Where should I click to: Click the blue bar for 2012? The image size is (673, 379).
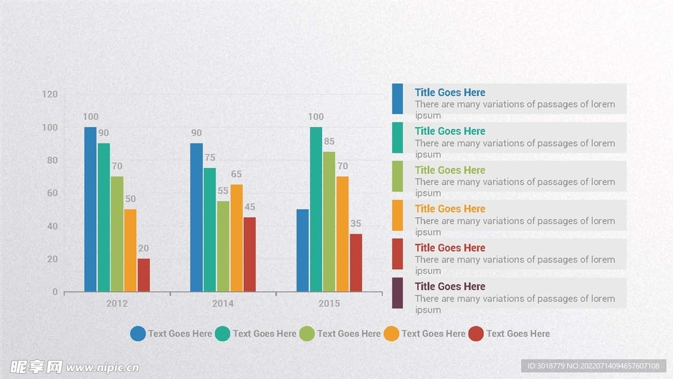[x=90, y=209]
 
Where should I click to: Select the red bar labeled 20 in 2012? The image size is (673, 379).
[x=144, y=275]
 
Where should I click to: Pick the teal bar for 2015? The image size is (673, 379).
[x=316, y=209]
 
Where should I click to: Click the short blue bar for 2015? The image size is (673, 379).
[x=302, y=251]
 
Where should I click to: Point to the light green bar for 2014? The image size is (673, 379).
[x=223, y=246]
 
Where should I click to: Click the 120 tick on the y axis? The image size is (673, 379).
[x=50, y=94]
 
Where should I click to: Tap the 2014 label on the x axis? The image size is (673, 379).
[x=223, y=303]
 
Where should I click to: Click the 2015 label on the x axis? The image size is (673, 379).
[x=329, y=303]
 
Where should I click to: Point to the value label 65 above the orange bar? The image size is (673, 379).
[x=237, y=174]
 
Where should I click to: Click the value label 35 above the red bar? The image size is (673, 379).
[x=356, y=224]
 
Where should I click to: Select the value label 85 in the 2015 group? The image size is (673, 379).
[x=329, y=141]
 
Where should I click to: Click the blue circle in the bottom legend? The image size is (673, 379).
[x=138, y=334]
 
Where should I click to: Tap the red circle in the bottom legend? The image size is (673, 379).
[x=476, y=334]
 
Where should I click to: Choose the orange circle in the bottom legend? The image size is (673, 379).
[x=391, y=334]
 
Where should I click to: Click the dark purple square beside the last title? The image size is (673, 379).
[x=398, y=293]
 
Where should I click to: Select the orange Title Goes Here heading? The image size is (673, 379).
[x=450, y=209]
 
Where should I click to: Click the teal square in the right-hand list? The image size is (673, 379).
[x=398, y=138]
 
